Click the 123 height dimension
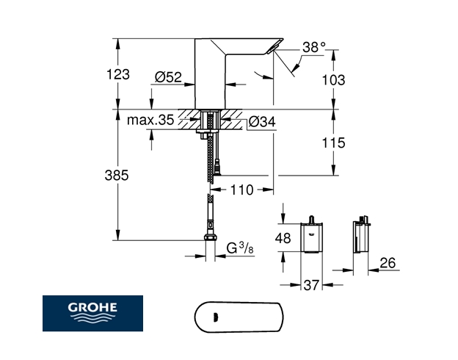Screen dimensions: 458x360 coord(118,74)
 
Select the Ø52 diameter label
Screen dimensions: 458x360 coord(168,77)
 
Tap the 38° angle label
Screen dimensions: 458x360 coord(314,47)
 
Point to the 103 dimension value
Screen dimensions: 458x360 coord(333,79)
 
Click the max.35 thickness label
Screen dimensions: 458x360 coord(150,120)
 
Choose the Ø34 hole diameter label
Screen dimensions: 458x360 coord(262,121)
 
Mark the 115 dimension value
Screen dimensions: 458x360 coord(333,143)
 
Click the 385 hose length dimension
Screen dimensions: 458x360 coord(117,176)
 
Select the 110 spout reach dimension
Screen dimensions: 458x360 coord(242,190)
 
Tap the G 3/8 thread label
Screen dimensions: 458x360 coord(240,248)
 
